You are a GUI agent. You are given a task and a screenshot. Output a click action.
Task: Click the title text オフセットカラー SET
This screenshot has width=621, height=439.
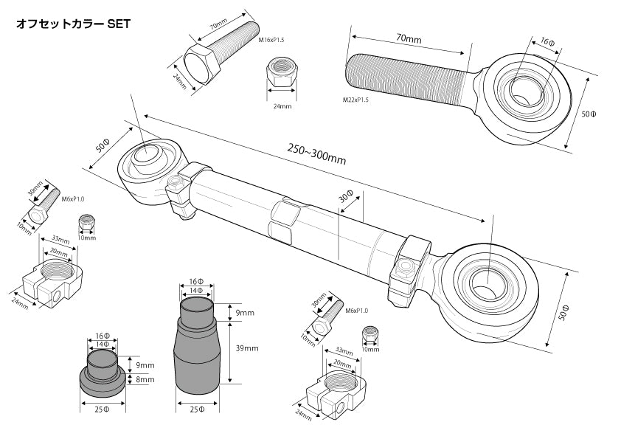click(x=73, y=24)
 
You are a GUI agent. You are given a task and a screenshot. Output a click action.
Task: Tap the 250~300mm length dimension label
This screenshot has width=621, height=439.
click(x=316, y=154)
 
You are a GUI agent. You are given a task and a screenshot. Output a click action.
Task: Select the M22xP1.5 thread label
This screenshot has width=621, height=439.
click(x=355, y=100)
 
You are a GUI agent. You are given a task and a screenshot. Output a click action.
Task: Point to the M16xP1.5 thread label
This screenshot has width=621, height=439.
click(x=271, y=40)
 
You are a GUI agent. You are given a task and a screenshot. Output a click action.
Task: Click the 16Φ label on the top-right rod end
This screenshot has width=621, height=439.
click(x=547, y=41)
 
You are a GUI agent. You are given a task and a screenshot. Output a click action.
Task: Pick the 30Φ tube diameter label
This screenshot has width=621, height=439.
click(x=346, y=197)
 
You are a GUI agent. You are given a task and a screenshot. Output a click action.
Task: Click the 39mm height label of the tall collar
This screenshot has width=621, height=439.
click(x=247, y=348)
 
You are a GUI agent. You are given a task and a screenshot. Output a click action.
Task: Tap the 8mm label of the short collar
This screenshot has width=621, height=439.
click(x=145, y=379)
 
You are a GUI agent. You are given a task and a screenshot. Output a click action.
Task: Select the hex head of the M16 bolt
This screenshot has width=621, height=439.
click(x=201, y=63)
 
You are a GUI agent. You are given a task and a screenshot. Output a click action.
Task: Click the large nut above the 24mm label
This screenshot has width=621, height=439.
click(x=281, y=72)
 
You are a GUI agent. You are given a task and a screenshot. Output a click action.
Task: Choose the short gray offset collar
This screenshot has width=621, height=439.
click(x=103, y=373)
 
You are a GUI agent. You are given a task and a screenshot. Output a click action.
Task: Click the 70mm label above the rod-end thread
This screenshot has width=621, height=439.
click(x=409, y=39)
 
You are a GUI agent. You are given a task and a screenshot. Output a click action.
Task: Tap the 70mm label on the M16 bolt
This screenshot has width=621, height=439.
click(x=218, y=24)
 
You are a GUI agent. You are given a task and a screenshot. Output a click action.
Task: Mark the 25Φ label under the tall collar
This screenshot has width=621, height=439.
click(x=197, y=409)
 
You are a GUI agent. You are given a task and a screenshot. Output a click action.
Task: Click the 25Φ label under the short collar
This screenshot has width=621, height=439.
click(x=102, y=409)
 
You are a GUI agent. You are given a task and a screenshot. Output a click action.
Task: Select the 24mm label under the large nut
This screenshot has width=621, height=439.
click(x=282, y=106)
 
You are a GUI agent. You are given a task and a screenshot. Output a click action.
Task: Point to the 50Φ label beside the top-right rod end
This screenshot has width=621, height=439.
click(x=589, y=114)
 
